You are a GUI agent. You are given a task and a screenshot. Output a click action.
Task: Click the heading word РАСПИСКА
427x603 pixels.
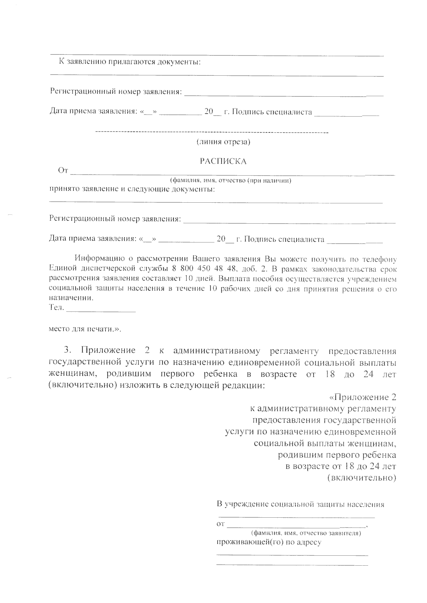(223, 161)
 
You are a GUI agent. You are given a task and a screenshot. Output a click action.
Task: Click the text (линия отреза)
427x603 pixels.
(223, 142)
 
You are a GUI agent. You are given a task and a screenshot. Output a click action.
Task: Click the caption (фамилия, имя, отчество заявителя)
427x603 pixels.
(306, 533)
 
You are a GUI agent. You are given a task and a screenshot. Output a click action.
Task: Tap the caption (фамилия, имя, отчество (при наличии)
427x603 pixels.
(231, 181)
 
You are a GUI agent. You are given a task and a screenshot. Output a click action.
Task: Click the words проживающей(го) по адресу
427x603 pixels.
(269, 542)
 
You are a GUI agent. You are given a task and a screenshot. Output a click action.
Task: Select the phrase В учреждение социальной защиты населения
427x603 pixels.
(300, 504)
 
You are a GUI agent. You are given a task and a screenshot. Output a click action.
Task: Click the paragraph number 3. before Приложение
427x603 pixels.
(68, 351)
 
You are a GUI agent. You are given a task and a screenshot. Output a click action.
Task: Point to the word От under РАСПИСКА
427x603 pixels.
(63, 171)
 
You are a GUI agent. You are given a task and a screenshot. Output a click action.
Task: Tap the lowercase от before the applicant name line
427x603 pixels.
(221, 524)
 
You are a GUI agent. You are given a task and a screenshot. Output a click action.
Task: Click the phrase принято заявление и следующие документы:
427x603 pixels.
(132, 189)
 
